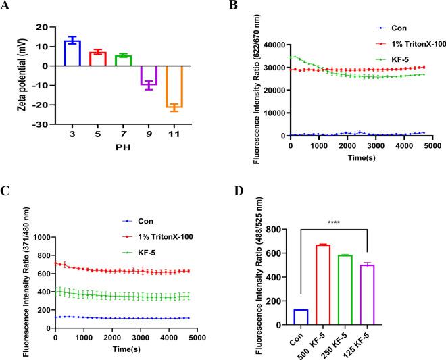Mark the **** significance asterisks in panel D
pos(353,220)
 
